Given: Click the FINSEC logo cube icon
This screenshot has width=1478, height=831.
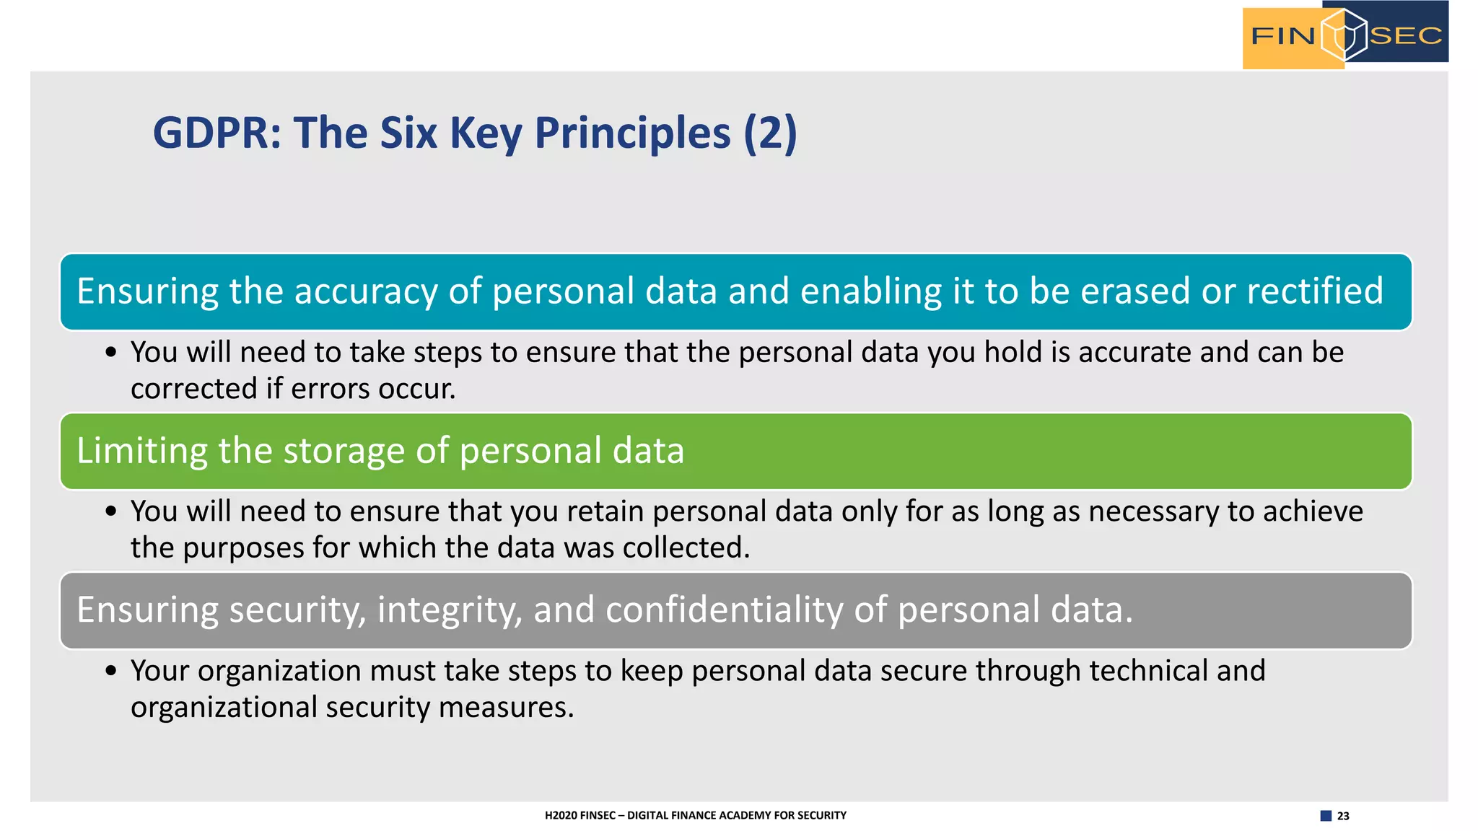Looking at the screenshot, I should tap(1344, 35).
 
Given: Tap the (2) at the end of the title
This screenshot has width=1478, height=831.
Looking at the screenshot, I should tap(770, 133).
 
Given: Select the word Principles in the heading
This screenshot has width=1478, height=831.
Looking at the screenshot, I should tap(632, 133).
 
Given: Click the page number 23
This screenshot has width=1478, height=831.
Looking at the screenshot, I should tap(1343, 816).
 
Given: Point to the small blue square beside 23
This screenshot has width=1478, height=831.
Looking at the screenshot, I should tap(1326, 816).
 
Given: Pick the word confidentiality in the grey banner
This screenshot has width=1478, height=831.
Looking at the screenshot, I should tap(724, 610).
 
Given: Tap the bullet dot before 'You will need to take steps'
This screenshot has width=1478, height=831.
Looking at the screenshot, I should tap(110, 353).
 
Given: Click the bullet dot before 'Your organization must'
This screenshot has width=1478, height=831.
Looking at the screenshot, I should tap(110, 671).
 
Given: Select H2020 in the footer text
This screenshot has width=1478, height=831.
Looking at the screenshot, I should tap(561, 815).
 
